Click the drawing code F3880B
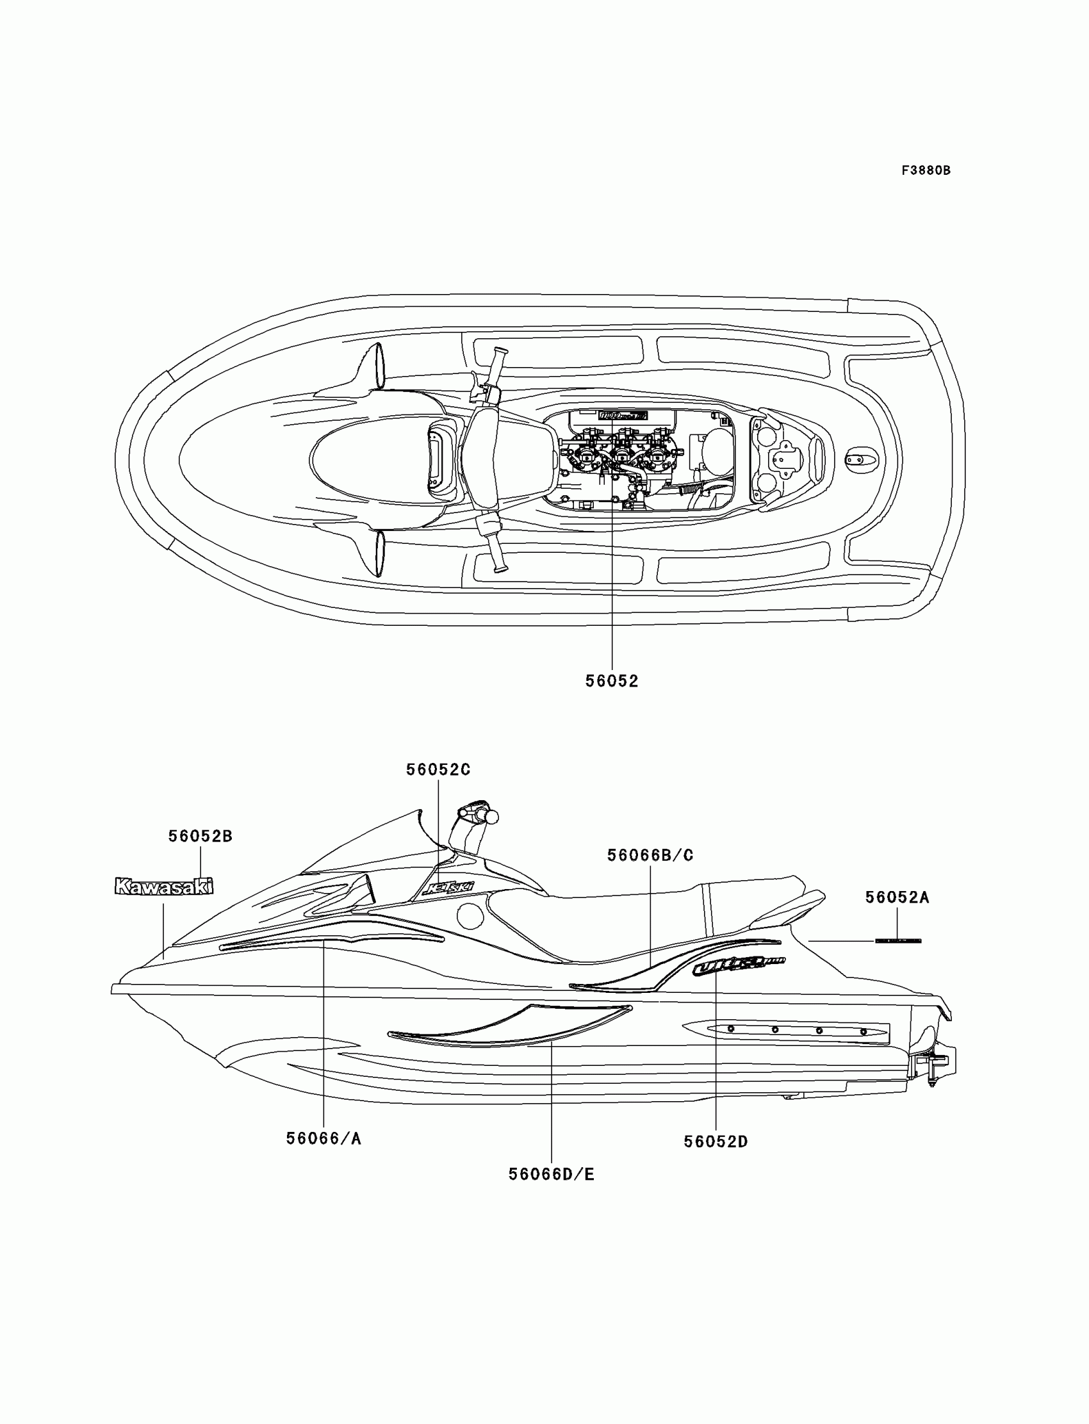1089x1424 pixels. (x=926, y=171)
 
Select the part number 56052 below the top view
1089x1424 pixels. (x=612, y=681)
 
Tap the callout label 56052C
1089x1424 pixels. (x=438, y=770)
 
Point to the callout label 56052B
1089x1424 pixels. (x=201, y=837)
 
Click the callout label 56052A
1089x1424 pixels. (x=897, y=897)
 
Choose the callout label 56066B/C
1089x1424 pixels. (x=650, y=856)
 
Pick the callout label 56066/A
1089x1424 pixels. (x=323, y=1139)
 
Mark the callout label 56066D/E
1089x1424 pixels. (x=551, y=1174)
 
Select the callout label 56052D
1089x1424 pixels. (x=716, y=1142)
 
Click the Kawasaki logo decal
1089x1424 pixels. (x=164, y=886)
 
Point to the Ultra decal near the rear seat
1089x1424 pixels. (x=738, y=967)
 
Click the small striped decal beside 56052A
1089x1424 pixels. (x=897, y=940)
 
